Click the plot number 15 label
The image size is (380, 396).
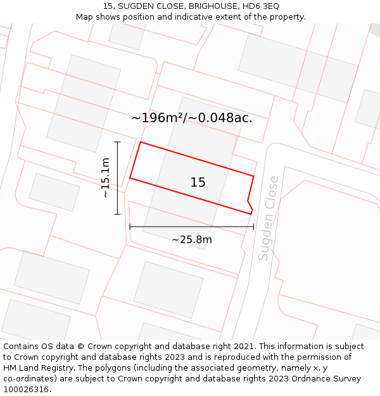(198, 182)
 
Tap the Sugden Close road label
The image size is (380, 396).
(269, 218)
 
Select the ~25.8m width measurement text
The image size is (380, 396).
(191, 240)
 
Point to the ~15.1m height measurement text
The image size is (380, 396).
(105, 178)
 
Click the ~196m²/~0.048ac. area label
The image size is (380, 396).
(191, 118)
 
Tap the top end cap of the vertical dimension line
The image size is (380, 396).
(117, 142)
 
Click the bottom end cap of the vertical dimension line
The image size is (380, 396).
(117, 214)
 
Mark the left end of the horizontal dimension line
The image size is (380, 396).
(130, 226)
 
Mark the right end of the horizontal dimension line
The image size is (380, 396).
(253, 226)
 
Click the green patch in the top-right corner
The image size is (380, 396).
(375, 29)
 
